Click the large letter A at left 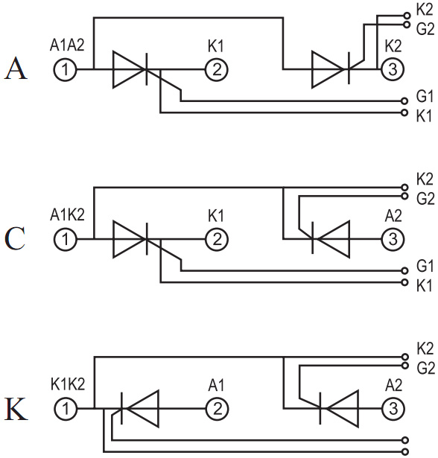pyautogui.click(x=16, y=69)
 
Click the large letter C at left pyautogui.click(x=15, y=238)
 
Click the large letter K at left pyautogui.click(x=16, y=408)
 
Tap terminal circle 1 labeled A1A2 pyautogui.click(x=65, y=70)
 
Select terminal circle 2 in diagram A pyautogui.click(x=217, y=70)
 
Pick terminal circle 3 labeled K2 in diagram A pyautogui.click(x=393, y=69)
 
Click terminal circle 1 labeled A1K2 pyautogui.click(x=65, y=239)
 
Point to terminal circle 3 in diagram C pyautogui.click(x=393, y=239)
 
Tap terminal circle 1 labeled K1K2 pyautogui.click(x=66, y=409)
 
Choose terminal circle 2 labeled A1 pyautogui.click(x=218, y=409)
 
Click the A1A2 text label pyautogui.click(x=67, y=45)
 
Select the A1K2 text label pyautogui.click(x=67, y=215)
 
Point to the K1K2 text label pyautogui.click(x=68, y=384)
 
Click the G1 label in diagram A pyautogui.click(x=425, y=96)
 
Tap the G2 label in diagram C pyautogui.click(x=425, y=199)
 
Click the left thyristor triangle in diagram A pyautogui.click(x=129, y=69)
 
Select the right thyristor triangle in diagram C pyautogui.click(x=333, y=239)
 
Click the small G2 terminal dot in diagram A pyautogui.click(x=407, y=25)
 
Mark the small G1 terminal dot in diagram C pyautogui.click(x=404, y=271)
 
